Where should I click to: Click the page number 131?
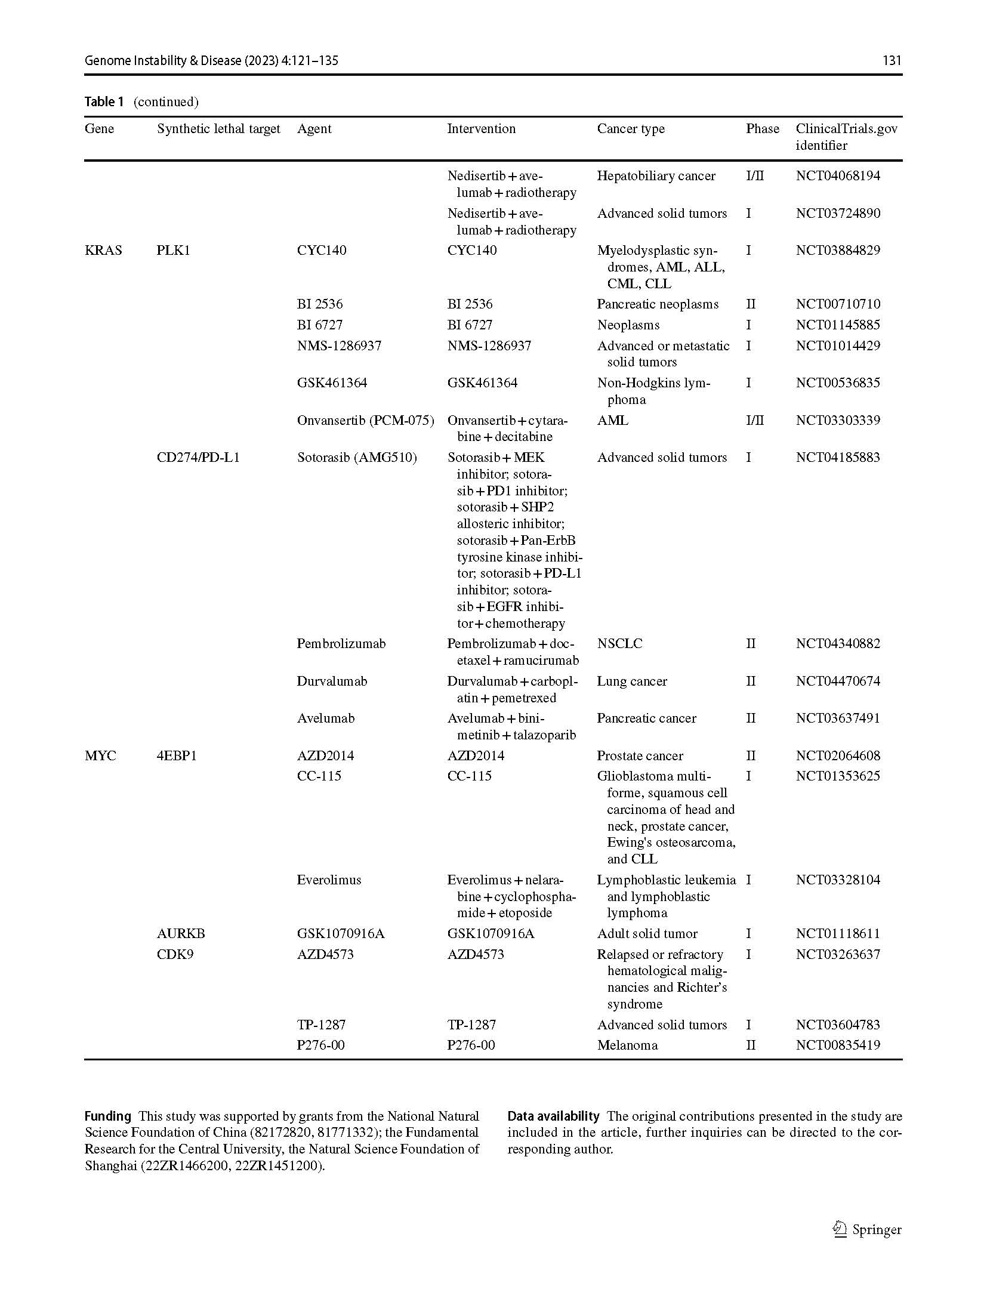click(x=892, y=60)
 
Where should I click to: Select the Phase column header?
click(x=762, y=129)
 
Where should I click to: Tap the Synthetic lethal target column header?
click(x=218, y=129)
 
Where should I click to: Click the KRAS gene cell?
click(x=103, y=251)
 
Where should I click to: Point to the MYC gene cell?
click(x=100, y=756)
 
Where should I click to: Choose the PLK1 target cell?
click(x=173, y=251)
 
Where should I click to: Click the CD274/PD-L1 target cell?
click(x=198, y=458)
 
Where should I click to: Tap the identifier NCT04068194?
click(x=838, y=176)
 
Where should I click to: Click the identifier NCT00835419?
click(x=838, y=1045)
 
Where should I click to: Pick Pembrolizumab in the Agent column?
click(x=341, y=644)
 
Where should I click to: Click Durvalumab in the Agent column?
click(x=332, y=681)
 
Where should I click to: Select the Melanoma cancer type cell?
click(x=627, y=1045)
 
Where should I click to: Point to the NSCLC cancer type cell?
click(x=619, y=644)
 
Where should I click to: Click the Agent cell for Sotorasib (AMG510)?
click(x=357, y=458)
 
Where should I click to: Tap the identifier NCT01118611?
click(x=838, y=934)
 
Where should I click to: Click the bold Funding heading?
click(x=107, y=1116)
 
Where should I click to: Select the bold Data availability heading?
click(x=553, y=1116)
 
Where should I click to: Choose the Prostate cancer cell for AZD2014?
click(x=640, y=756)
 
